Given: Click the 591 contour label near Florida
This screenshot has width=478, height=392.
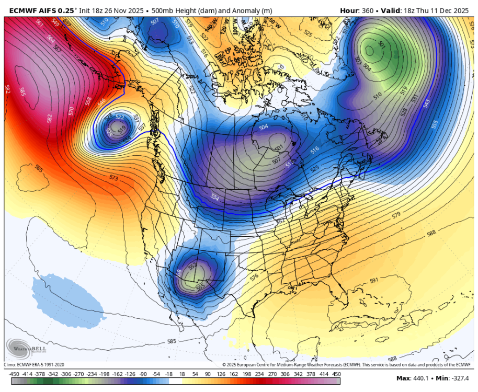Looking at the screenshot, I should [374, 281].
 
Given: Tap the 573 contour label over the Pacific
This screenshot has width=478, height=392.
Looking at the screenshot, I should [114, 178].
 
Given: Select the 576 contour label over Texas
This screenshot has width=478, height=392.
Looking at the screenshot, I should [254, 276].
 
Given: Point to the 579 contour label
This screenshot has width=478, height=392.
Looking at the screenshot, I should [396, 215].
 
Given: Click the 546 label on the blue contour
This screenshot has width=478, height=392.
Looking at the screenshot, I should [101, 101].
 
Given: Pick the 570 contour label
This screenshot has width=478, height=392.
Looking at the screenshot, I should [72, 111].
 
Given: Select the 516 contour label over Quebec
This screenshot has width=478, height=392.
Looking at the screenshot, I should [314, 150].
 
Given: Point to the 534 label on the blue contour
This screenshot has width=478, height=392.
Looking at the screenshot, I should [214, 198].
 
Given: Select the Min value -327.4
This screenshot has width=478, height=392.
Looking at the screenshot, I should [458, 378].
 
